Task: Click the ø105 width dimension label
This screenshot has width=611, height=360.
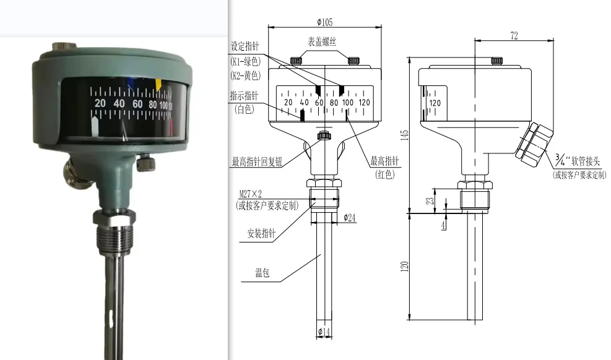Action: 324,22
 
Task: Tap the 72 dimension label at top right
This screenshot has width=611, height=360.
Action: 514,36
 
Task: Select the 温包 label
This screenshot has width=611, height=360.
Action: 262,273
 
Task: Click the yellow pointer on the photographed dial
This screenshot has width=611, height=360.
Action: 158,84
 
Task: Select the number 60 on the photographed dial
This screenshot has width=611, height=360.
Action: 138,104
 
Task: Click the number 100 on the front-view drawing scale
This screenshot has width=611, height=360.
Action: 348,102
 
